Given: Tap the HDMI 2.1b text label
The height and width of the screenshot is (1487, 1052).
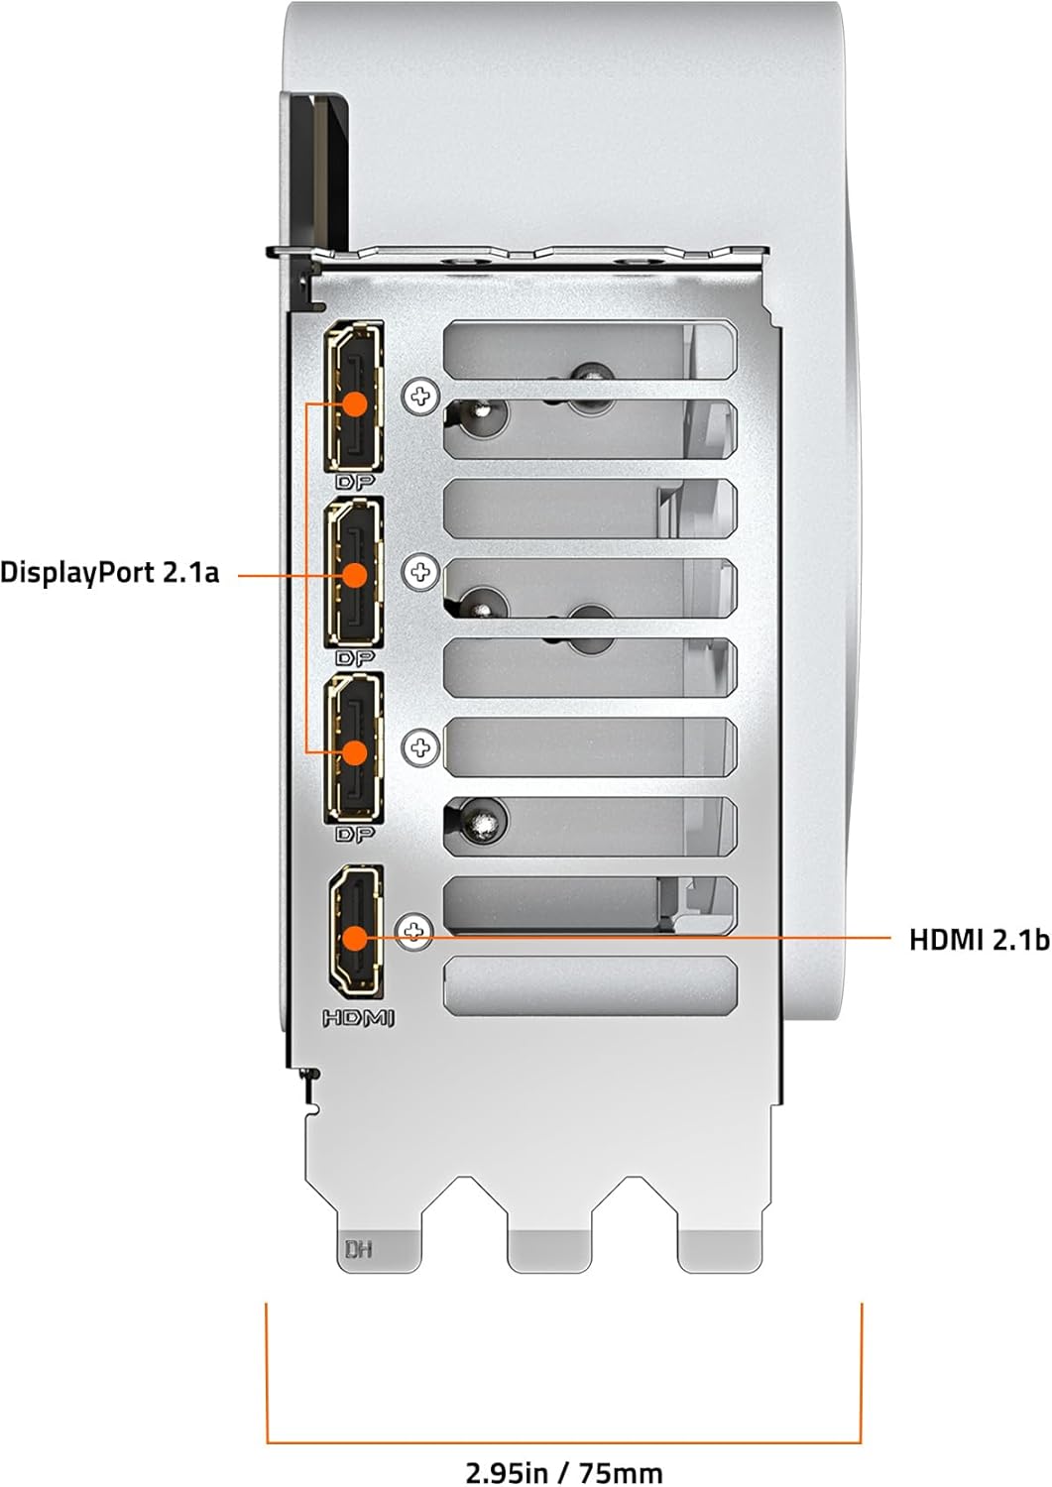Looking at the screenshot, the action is pyautogui.click(x=979, y=940).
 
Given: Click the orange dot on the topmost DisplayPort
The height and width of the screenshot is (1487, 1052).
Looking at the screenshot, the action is pyautogui.click(x=356, y=403).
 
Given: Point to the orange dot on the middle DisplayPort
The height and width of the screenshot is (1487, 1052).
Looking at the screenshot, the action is pyautogui.click(x=356, y=575).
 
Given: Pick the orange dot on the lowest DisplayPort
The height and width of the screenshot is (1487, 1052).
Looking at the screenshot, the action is pyautogui.click(x=356, y=752).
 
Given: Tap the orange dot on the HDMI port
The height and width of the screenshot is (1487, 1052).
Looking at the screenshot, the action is pyautogui.click(x=356, y=938).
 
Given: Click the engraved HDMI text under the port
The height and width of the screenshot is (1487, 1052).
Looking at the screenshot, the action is pyautogui.click(x=359, y=1019).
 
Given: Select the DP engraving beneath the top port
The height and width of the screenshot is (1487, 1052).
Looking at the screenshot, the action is pyautogui.click(x=355, y=482).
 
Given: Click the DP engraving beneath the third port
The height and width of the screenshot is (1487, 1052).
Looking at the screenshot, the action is pyautogui.click(x=355, y=834).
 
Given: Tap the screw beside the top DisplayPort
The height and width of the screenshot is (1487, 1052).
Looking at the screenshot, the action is pyautogui.click(x=420, y=397).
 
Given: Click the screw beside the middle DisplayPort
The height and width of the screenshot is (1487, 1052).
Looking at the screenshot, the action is pyautogui.click(x=420, y=572).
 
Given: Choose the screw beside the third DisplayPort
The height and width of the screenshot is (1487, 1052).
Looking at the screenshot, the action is pyautogui.click(x=420, y=747).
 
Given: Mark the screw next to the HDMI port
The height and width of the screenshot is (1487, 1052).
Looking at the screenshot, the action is pyautogui.click(x=413, y=932).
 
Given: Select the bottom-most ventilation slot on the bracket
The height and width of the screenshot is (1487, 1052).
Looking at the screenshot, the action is pyautogui.click(x=590, y=985).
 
